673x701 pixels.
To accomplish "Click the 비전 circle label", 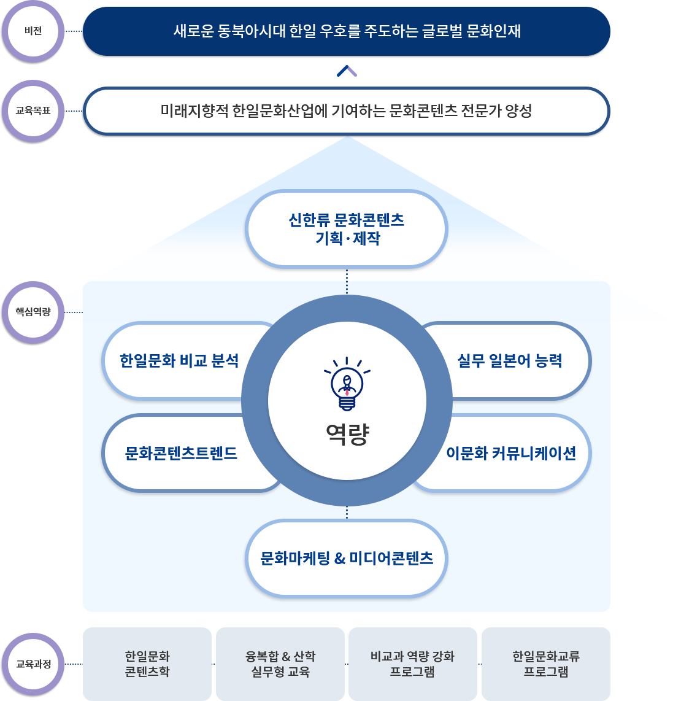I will (x=33, y=31).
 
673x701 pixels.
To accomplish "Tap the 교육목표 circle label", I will (x=33, y=111).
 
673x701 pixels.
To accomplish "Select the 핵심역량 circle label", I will (x=33, y=312).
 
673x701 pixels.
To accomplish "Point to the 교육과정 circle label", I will (x=33, y=664).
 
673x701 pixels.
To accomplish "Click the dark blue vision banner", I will (x=347, y=31).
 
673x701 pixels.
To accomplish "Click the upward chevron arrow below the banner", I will (x=347, y=71).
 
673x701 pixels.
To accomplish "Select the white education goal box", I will (x=347, y=111).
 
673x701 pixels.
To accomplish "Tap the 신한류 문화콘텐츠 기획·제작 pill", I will (x=347, y=229).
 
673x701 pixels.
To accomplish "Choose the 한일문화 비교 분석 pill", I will (x=179, y=361).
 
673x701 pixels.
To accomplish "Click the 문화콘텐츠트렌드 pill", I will (x=181, y=454).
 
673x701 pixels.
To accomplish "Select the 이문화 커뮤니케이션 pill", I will (x=511, y=454).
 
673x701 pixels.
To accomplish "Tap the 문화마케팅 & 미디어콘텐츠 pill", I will (x=347, y=559).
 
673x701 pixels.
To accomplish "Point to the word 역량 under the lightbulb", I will (x=347, y=434).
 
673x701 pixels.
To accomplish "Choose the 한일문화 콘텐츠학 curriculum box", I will (x=147, y=664).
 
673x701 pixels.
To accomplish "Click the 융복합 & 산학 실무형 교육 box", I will (x=280, y=664).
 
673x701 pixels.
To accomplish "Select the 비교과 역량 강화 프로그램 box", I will (x=413, y=664).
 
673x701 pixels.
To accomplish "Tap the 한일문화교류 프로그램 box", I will (x=546, y=664).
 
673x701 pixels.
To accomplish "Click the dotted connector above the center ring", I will (x=347, y=282).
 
